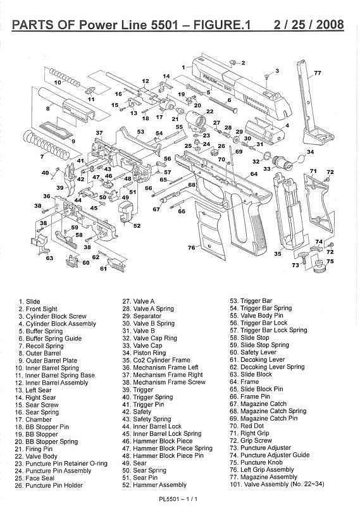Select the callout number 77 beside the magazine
click(x=318, y=73)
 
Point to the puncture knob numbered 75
click(x=320, y=266)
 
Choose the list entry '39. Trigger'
click(x=137, y=390)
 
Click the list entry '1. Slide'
click(x=29, y=302)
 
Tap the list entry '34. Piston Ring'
click(x=144, y=353)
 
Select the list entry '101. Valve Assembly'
click(x=277, y=484)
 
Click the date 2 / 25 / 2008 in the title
click(x=309, y=25)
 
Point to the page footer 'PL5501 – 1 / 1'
click(x=178, y=499)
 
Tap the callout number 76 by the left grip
click(x=192, y=247)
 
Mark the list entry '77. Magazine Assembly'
click(x=263, y=477)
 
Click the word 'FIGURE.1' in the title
click(x=222, y=25)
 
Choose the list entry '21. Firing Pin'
click(x=34, y=449)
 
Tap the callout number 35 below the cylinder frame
click(x=278, y=254)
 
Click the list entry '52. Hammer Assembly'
click(x=154, y=484)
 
